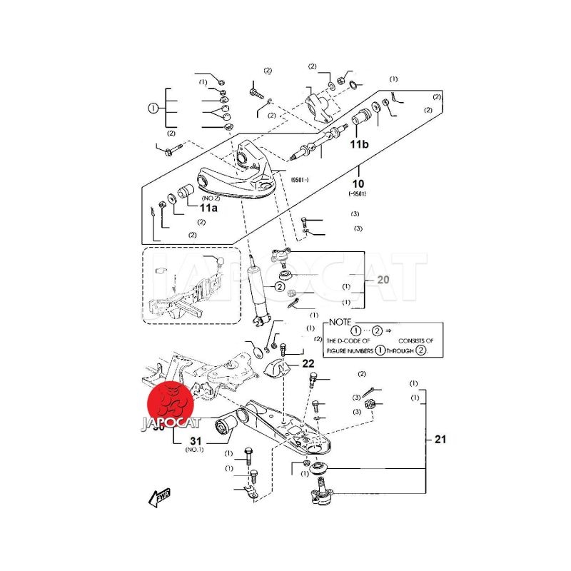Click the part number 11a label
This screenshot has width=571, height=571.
pyautogui.click(x=208, y=208)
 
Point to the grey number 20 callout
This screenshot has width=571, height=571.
pyautogui.click(x=383, y=281)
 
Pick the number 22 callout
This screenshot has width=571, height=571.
pyautogui.click(x=308, y=364)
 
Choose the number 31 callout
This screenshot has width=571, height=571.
pyautogui.click(x=196, y=441)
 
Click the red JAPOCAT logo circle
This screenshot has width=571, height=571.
pyautogui.click(x=171, y=405)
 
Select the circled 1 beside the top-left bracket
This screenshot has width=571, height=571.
pyautogui.click(x=152, y=108)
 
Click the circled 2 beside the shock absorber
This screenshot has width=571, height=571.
pyautogui.click(x=280, y=287)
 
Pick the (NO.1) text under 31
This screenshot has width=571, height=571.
pyautogui.click(x=194, y=451)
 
